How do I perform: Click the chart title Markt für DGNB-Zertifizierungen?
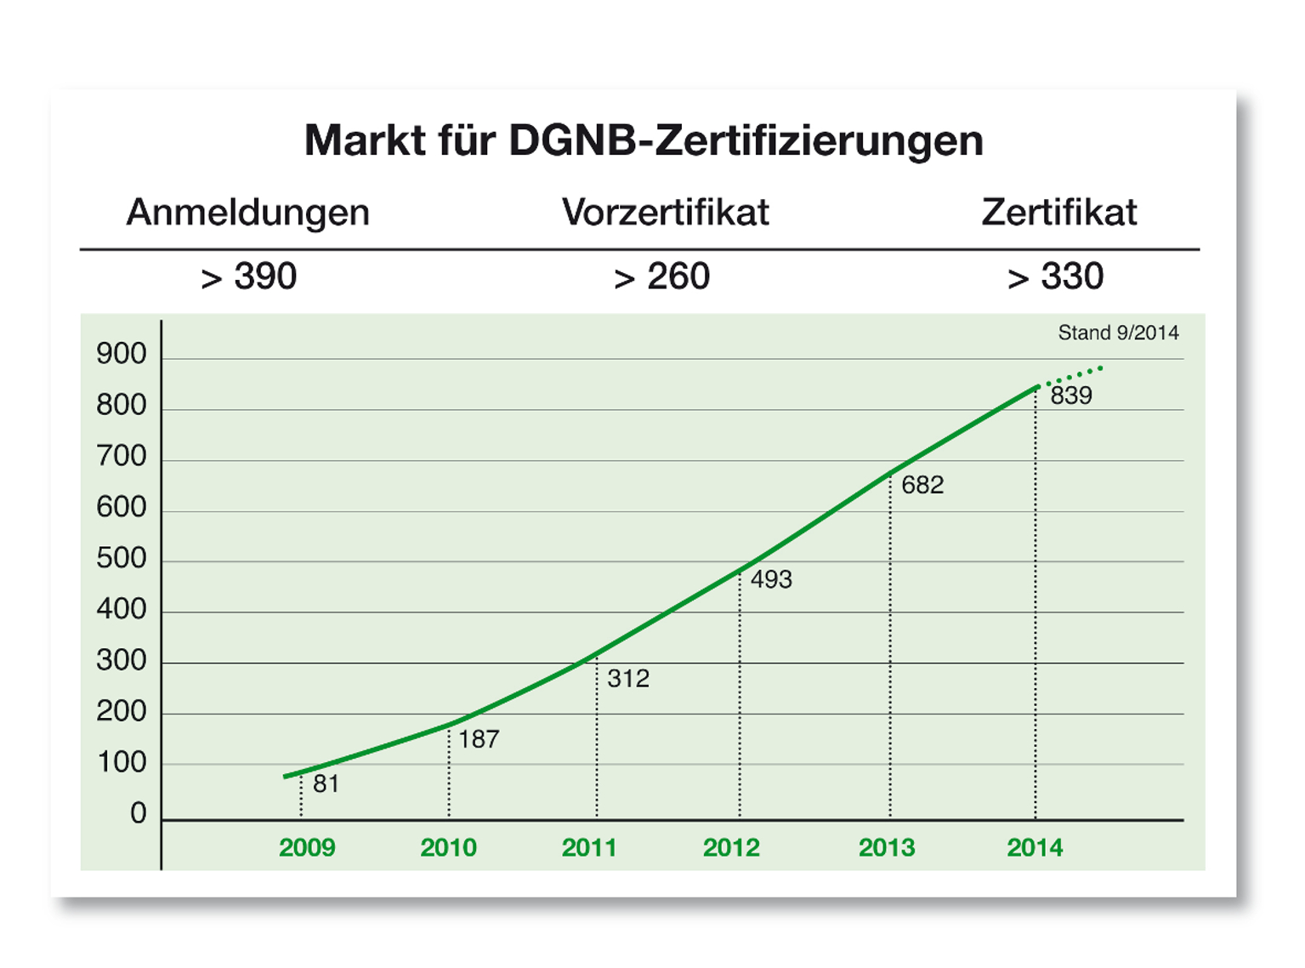pos(644,140)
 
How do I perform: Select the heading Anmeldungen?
pos(247,213)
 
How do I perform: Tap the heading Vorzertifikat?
pos(665,213)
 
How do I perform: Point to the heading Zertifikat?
pos(1058,213)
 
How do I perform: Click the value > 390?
pos(248,276)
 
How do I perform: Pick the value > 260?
pos(661,276)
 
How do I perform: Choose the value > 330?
pos(1055,276)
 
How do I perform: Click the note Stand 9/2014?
pos(1118,333)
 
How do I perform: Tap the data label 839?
pos(1071,396)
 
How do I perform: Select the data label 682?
pos(922,485)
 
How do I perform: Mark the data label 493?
pos(771,579)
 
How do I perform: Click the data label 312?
pos(628,678)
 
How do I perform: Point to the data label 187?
pos(479,739)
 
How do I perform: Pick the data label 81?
pos(326,783)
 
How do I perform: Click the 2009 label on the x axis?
pos(307,847)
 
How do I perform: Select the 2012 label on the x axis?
pos(731,847)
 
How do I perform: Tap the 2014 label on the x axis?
pos(1035,847)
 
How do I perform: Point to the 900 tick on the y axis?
pos(122,354)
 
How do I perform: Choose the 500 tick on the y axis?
pos(122,558)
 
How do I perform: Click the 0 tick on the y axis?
pos(139,814)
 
